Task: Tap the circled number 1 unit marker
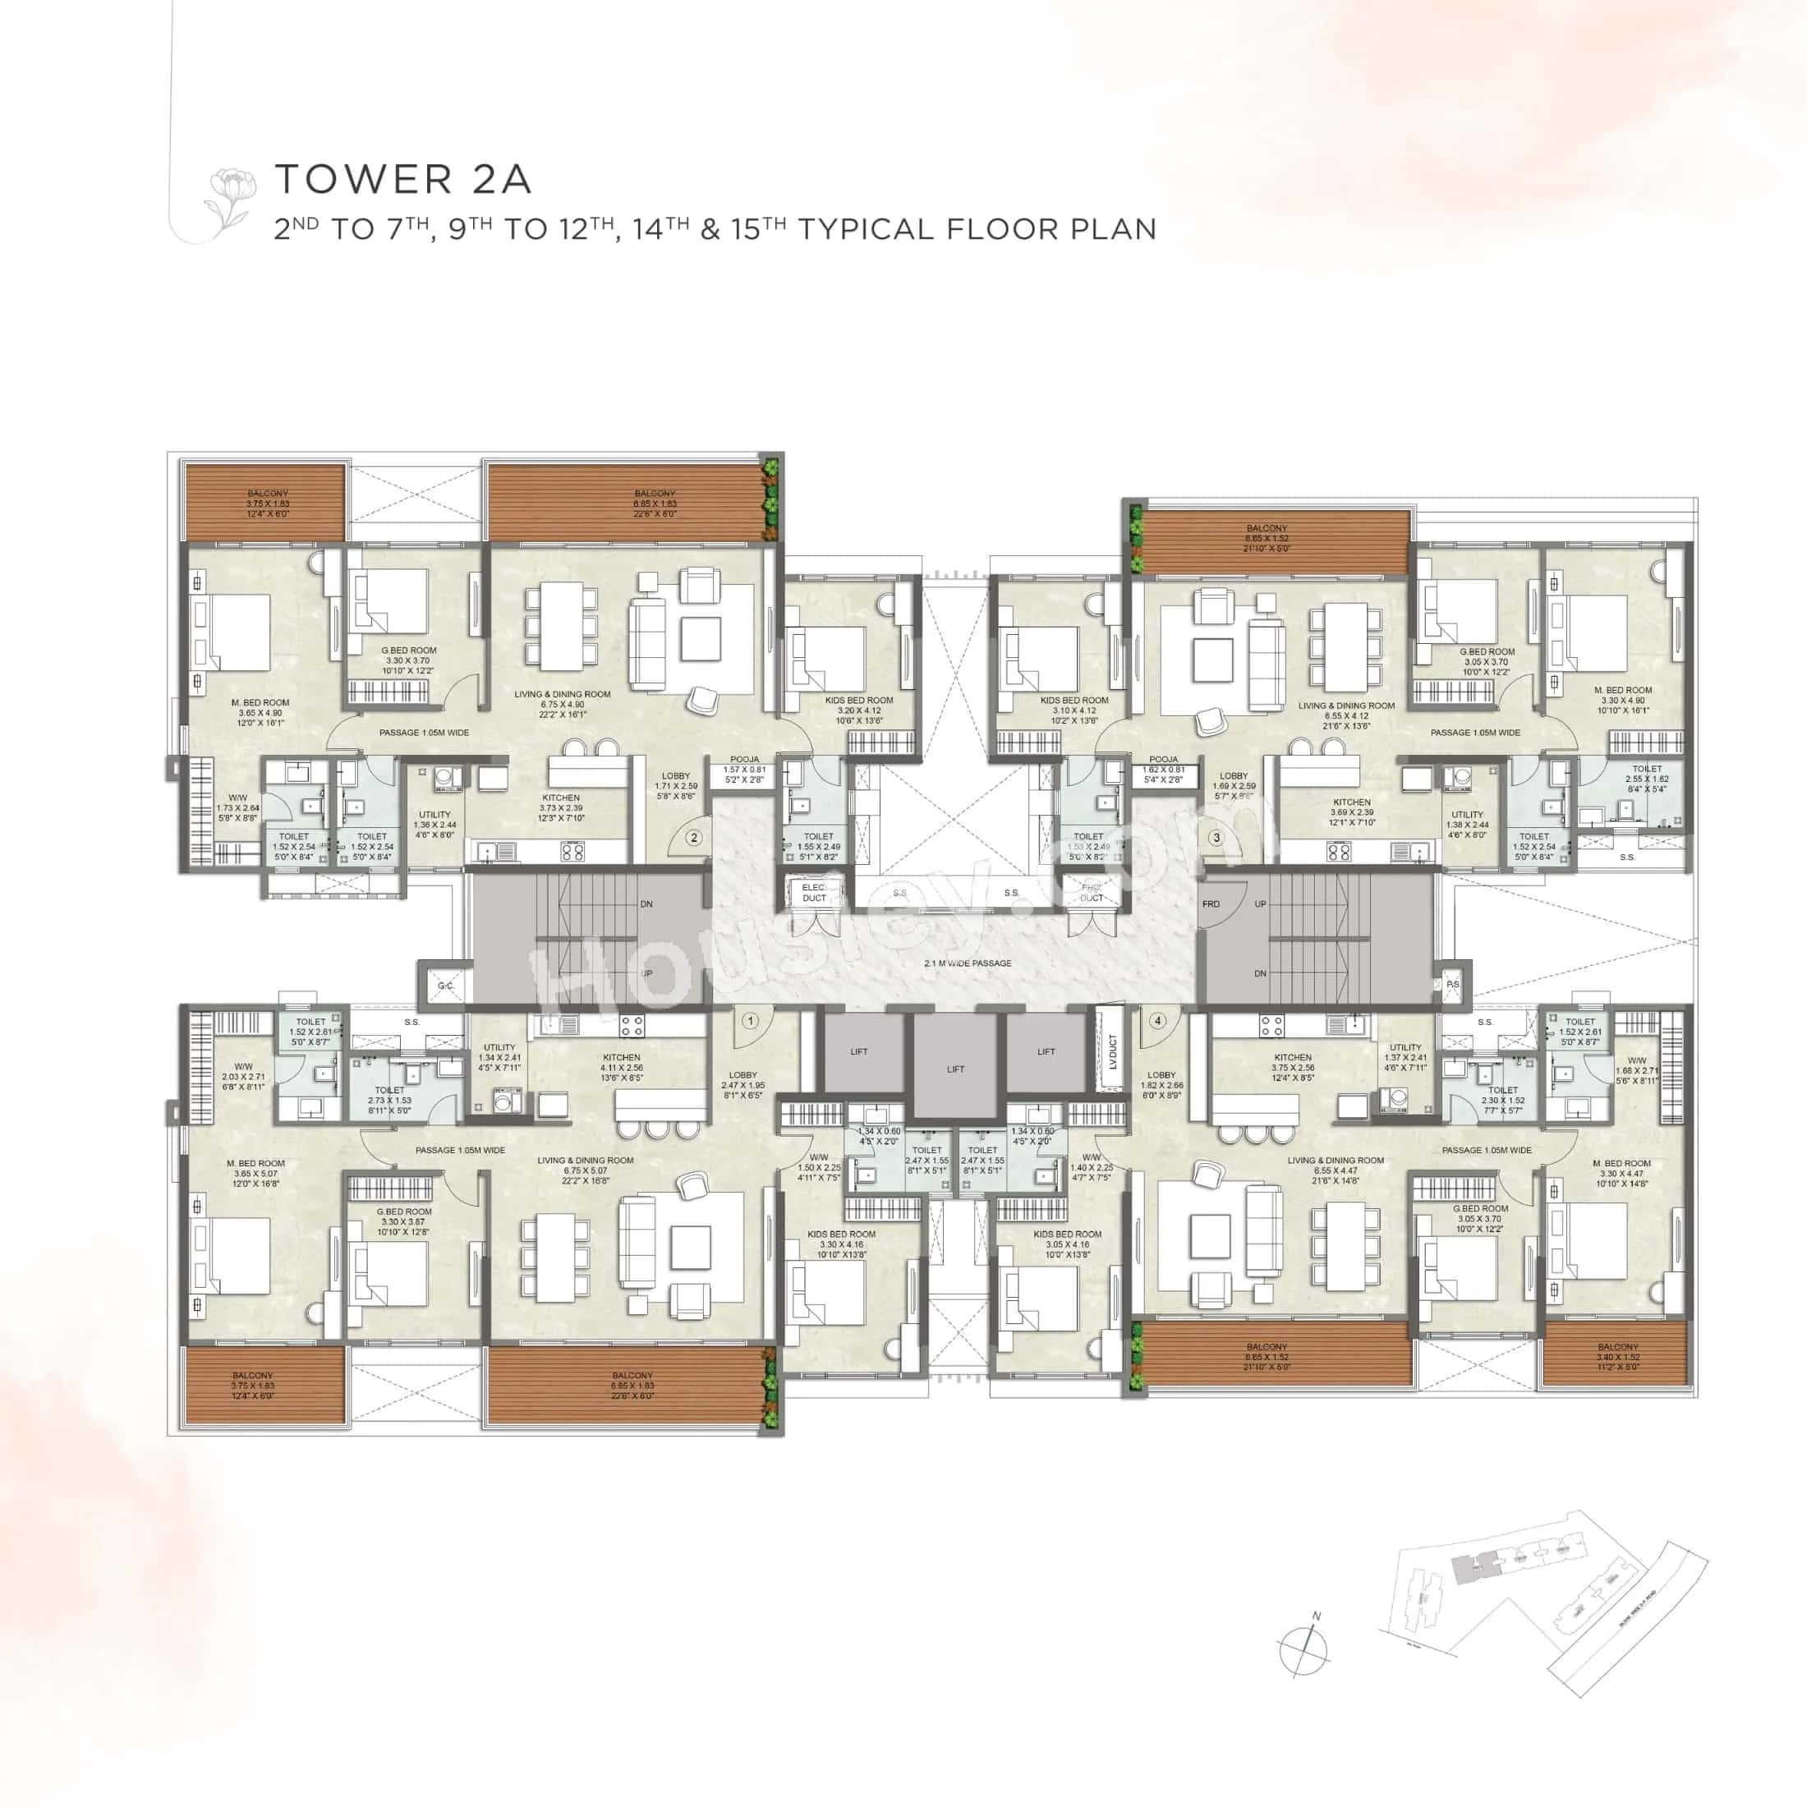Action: [x=749, y=1021]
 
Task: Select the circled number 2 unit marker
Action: [x=693, y=838]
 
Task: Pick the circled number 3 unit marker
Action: [x=1216, y=838]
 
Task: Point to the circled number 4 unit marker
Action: [x=1158, y=1020]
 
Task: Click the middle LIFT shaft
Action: [x=955, y=1068]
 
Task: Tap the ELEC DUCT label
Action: [x=814, y=892]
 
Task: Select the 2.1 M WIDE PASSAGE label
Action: [x=967, y=963]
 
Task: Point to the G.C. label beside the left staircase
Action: [x=445, y=986]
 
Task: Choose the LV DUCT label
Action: [x=1112, y=1051]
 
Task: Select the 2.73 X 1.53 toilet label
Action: [x=389, y=1100]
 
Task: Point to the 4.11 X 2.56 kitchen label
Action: [x=621, y=1067]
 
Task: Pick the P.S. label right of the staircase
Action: [x=1452, y=985]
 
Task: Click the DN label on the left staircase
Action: [x=646, y=904]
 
